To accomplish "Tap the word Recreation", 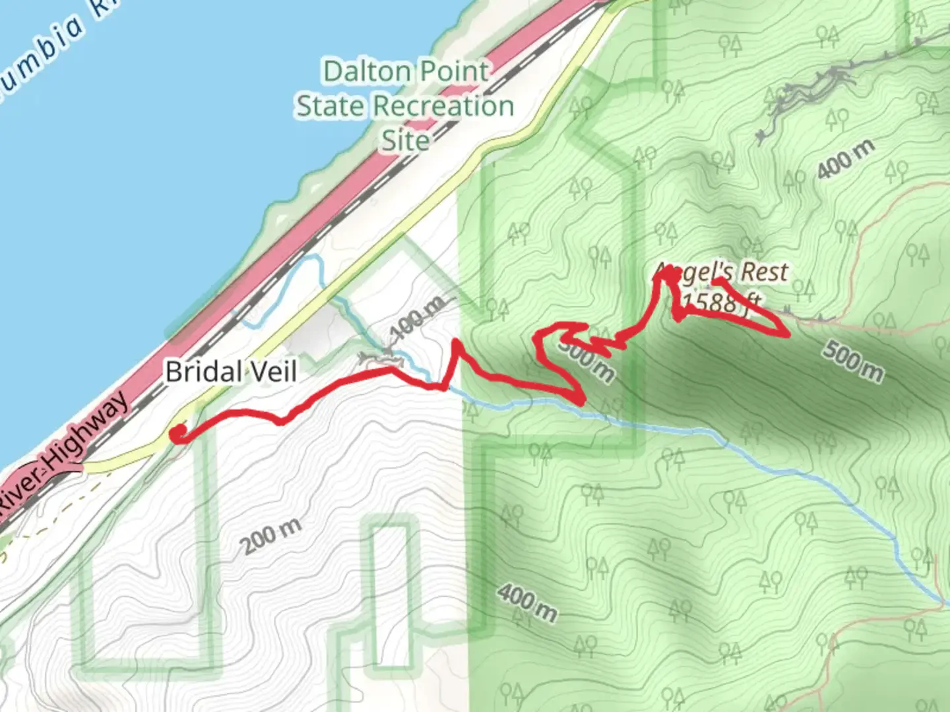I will click(443, 105).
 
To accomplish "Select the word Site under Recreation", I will click(405, 140).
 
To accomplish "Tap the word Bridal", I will click(201, 372).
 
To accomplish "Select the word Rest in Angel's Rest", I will click(764, 272).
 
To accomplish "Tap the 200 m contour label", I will click(270, 536).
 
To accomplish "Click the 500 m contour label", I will click(852, 361).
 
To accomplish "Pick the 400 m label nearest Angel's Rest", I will click(846, 159).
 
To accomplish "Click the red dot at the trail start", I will click(177, 433).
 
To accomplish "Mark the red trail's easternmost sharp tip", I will click(788, 335).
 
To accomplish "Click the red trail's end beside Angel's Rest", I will click(716, 282).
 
